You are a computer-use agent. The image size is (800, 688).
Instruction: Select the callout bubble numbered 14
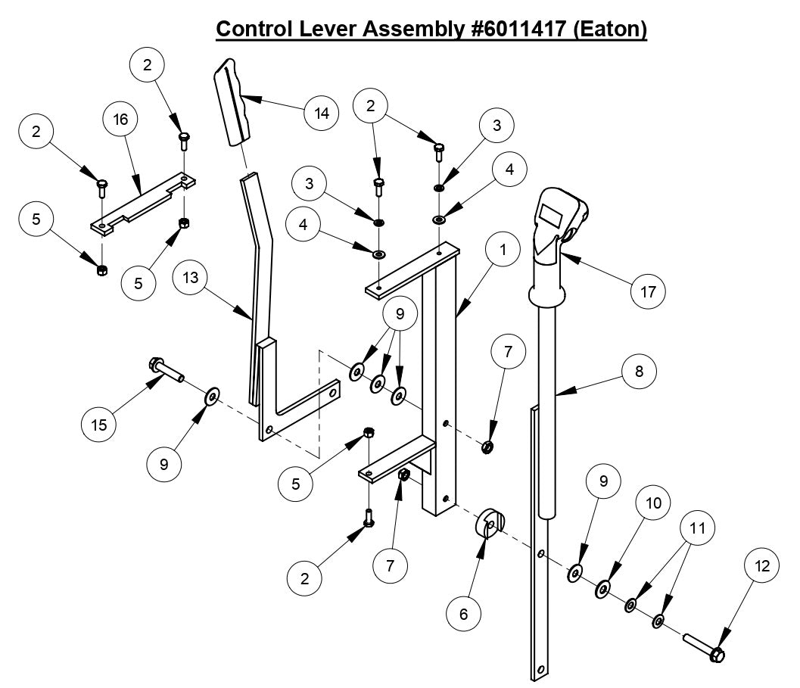point(321,114)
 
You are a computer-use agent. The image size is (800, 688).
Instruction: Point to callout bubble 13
point(191,279)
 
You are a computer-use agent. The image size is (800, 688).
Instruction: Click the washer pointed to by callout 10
point(604,588)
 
